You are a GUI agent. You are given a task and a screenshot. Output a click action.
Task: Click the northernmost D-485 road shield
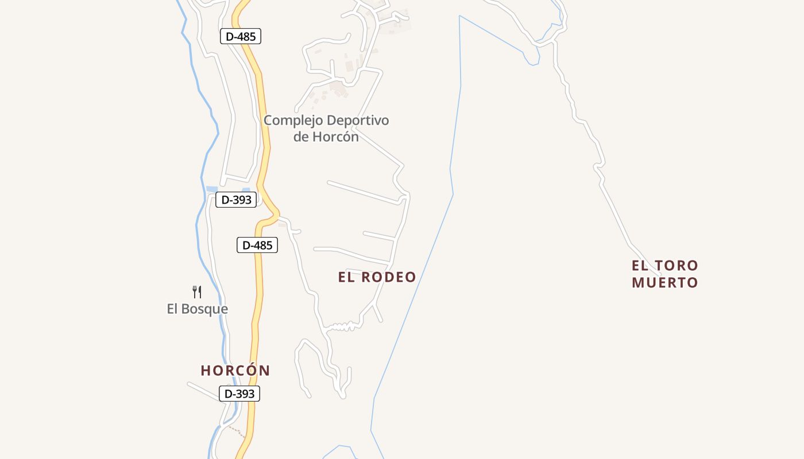[x=241, y=36]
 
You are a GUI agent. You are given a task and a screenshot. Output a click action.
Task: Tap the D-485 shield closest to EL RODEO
[x=257, y=245]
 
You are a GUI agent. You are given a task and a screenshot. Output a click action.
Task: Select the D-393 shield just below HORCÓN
[x=239, y=394]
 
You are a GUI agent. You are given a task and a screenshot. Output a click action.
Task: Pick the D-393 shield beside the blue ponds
[x=236, y=200]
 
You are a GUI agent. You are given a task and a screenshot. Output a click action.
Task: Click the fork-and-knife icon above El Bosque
[x=197, y=292]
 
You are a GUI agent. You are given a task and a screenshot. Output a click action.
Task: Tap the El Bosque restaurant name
[x=198, y=309]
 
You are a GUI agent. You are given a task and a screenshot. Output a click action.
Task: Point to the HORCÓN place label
[x=235, y=371]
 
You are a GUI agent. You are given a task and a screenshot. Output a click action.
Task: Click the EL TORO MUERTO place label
[x=665, y=274]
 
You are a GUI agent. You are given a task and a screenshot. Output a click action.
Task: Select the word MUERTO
[x=665, y=283]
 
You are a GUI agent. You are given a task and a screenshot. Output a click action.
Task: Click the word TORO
[x=677, y=266]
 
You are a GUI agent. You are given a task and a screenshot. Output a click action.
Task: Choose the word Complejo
[x=292, y=120]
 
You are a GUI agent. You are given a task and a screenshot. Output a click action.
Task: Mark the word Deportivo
[x=357, y=120]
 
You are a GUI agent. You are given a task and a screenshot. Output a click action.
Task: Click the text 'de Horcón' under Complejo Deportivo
[x=326, y=137]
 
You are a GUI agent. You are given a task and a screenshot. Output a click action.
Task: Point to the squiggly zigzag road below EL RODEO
[x=343, y=327]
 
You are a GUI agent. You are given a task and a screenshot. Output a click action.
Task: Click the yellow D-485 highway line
[x=261, y=115]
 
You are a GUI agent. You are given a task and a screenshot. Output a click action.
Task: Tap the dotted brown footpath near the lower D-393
[x=235, y=430]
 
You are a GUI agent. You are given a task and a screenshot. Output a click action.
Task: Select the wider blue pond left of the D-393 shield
[x=212, y=189]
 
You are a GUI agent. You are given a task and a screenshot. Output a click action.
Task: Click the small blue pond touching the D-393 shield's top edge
[x=246, y=190]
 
